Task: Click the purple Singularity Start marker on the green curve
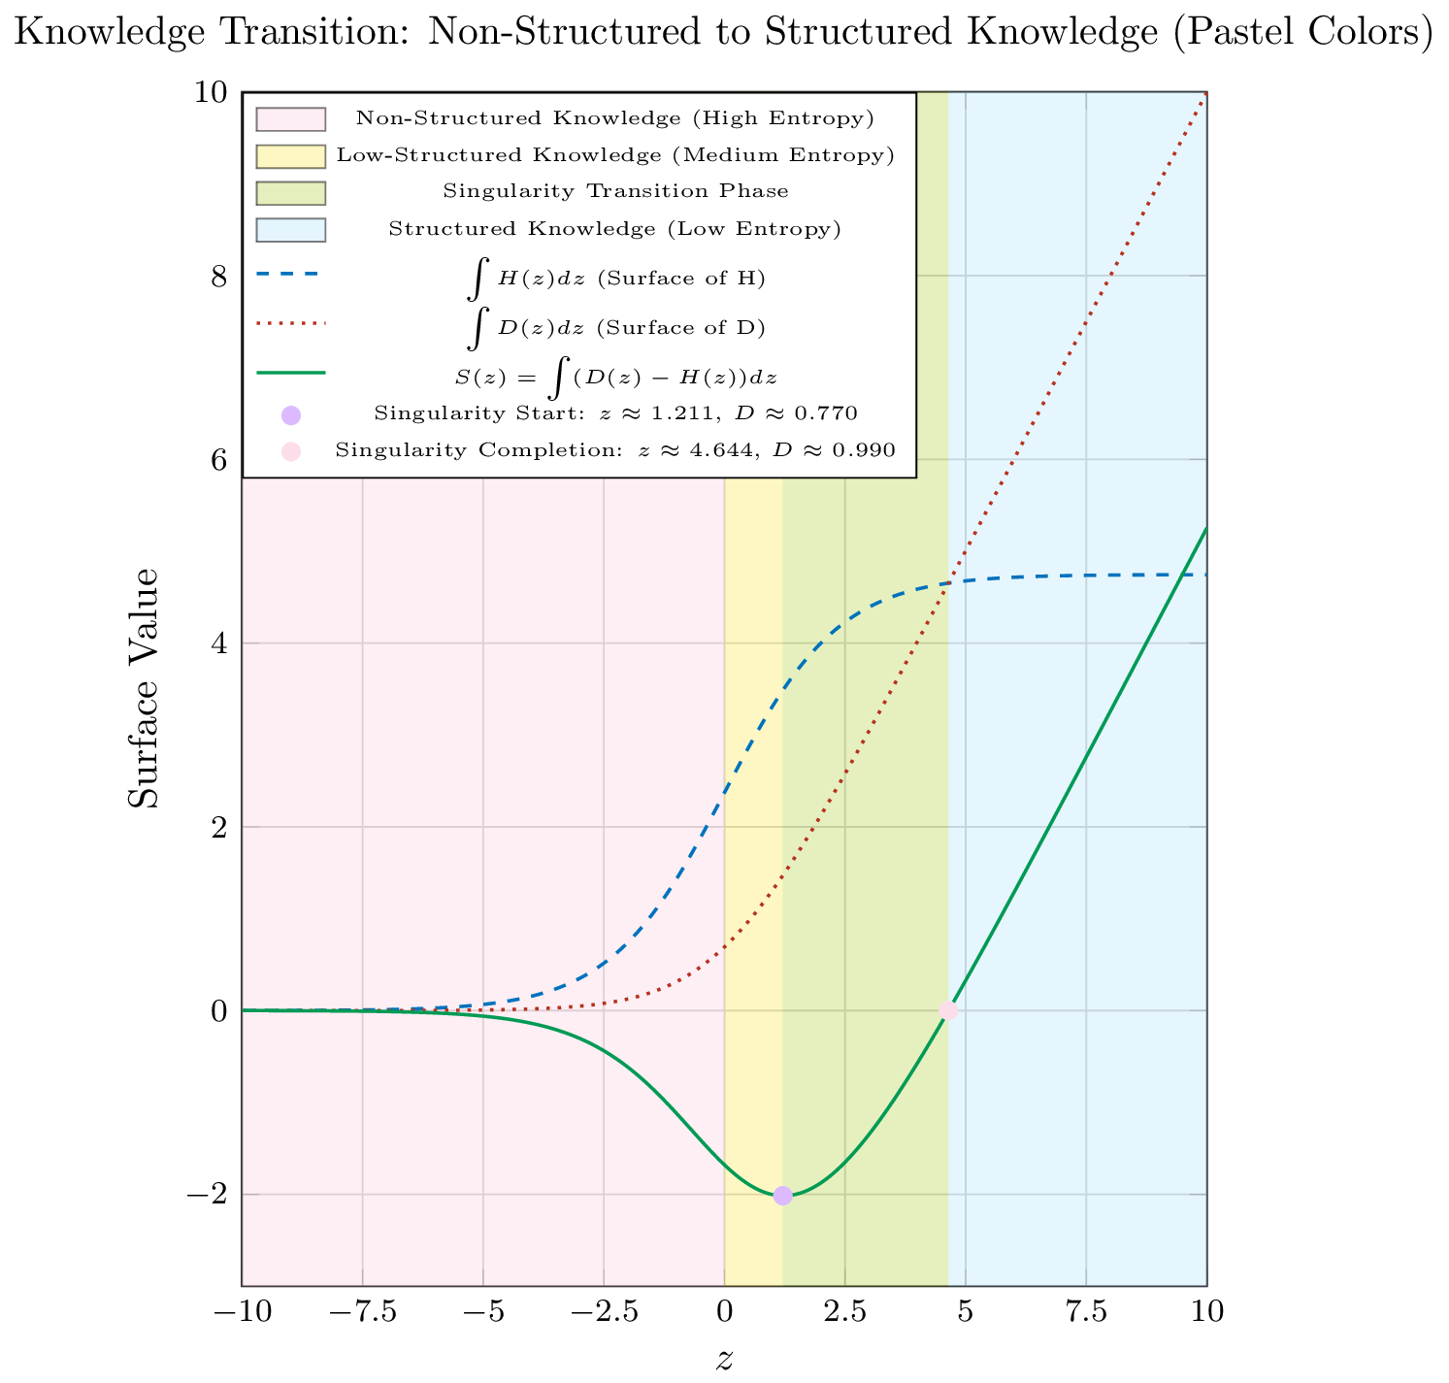(x=782, y=1196)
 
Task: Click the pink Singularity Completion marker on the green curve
(x=948, y=1010)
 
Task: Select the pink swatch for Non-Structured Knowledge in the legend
(x=290, y=118)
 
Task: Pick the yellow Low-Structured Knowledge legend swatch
(x=290, y=155)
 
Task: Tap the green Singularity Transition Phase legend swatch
(x=290, y=192)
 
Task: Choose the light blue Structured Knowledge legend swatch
(x=290, y=229)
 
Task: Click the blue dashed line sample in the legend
(x=290, y=276)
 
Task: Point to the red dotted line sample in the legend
(x=290, y=322)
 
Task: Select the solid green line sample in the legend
(x=290, y=372)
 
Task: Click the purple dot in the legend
(x=290, y=414)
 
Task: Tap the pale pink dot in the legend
(x=290, y=450)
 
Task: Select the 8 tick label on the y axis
(x=218, y=277)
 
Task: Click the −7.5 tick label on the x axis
(x=362, y=1312)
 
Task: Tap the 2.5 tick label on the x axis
(x=844, y=1312)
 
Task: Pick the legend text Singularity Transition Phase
(x=615, y=191)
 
